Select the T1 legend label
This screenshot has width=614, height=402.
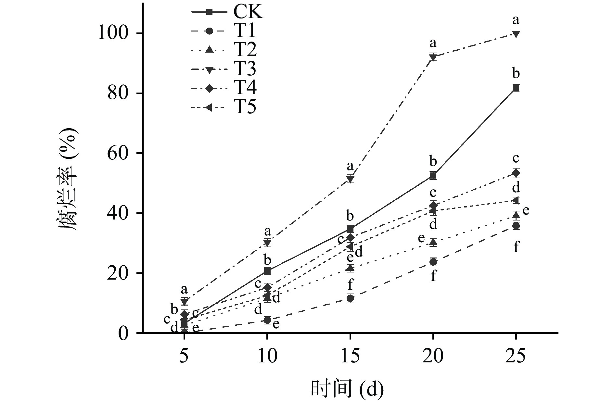(x=245, y=31)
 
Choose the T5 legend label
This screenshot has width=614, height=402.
(x=245, y=107)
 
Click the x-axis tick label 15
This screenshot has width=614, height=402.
(x=350, y=356)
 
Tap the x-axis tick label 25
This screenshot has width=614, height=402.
(x=516, y=356)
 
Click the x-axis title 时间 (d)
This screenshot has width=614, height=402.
(x=347, y=388)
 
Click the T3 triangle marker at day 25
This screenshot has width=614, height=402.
(x=516, y=34)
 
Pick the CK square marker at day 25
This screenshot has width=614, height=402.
(x=516, y=88)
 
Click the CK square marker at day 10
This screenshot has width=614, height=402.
(x=267, y=271)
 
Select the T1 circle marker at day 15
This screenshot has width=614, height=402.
(x=350, y=298)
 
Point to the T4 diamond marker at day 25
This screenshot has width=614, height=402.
(x=516, y=173)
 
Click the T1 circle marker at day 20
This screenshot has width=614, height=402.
(x=433, y=262)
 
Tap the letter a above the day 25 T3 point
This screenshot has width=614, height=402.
(x=516, y=20)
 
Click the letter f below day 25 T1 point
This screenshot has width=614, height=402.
(x=516, y=247)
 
